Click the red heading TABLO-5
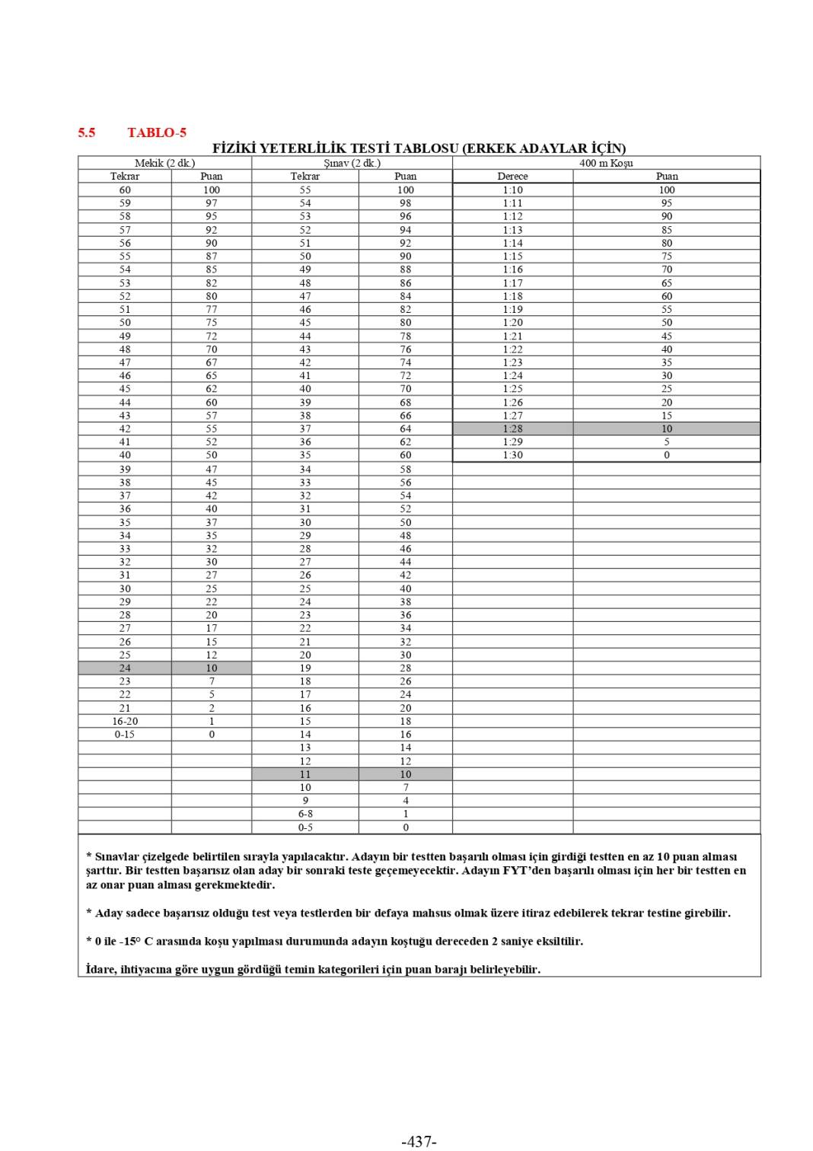(157, 132)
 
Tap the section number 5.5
(87, 132)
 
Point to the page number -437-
(419, 1141)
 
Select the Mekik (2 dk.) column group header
(164, 163)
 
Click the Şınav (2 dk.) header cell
(352, 163)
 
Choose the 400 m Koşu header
(606, 163)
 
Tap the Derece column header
(512, 176)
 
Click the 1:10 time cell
(512, 190)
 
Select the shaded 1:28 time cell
(512, 429)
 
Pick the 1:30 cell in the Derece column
(512, 455)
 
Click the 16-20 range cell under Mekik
(125, 721)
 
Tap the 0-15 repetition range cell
(125, 735)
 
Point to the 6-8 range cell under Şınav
(305, 814)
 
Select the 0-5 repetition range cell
(305, 827)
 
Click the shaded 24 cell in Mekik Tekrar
(125, 668)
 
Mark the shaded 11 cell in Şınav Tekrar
(305, 774)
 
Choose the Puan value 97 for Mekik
(212, 203)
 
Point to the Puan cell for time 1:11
(667, 203)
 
